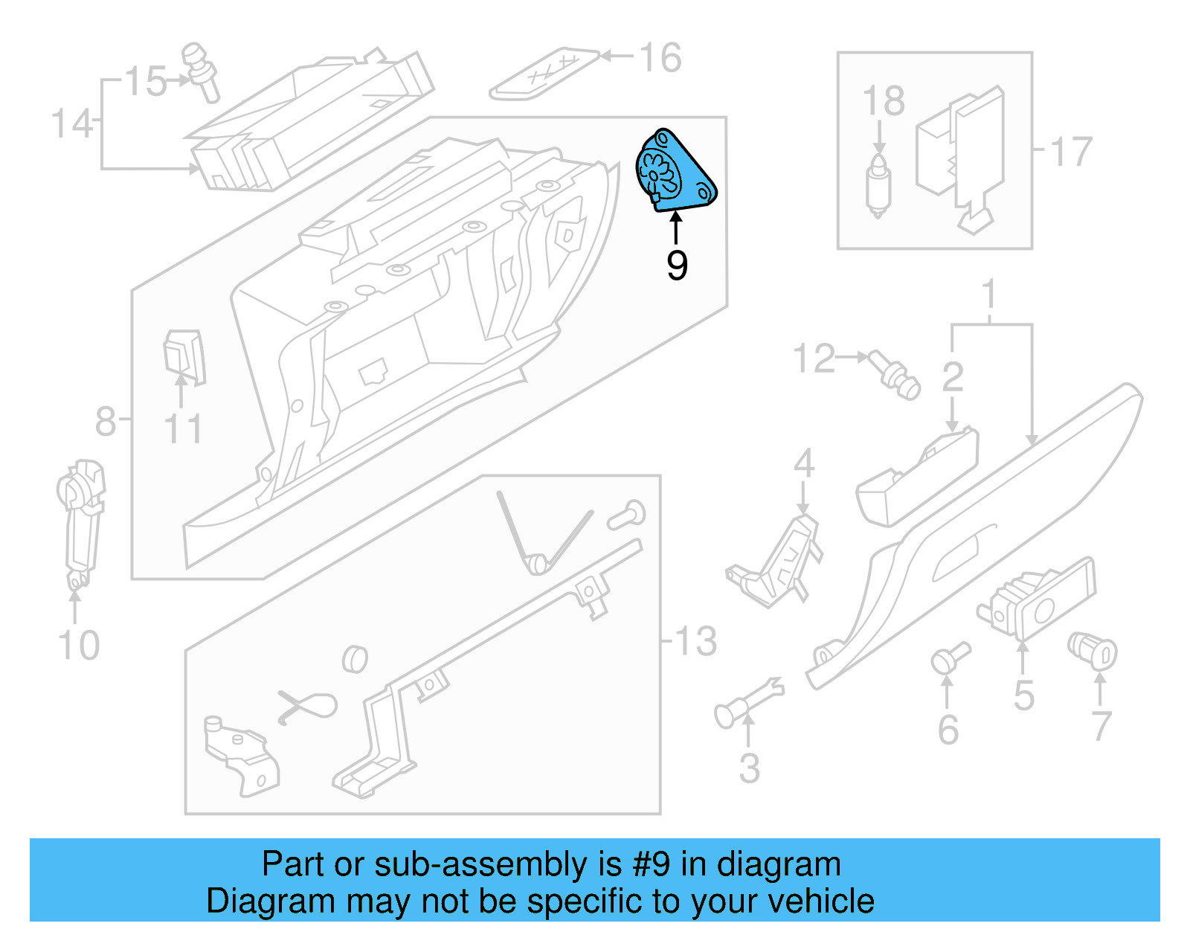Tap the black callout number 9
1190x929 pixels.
click(x=676, y=266)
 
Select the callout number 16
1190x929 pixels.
click(x=660, y=58)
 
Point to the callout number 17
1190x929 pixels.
click(x=1071, y=152)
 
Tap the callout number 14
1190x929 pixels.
click(x=71, y=124)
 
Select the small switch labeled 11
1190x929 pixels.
click(x=183, y=357)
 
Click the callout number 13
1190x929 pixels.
click(x=695, y=641)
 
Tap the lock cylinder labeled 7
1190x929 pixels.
click(x=1093, y=650)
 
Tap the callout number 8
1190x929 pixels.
click(x=105, y=421)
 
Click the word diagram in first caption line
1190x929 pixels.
click(x=779, y=865)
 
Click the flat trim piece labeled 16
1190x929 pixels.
click(x=544, y=74)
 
